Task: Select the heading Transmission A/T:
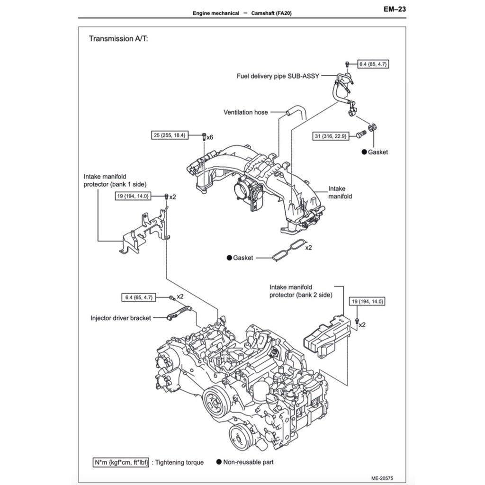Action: point(118,39)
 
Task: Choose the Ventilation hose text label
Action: point(245,112)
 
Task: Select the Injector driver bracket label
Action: point(121,318)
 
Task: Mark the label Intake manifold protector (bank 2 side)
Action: point(301,291)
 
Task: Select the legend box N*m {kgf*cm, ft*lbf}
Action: point(121,462)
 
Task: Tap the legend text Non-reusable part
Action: point(248,462)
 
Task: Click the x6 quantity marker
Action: point(209,137)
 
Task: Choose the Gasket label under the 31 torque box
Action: point(377,152)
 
